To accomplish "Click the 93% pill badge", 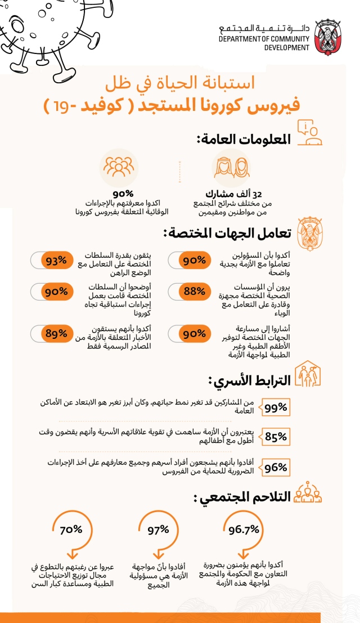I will [56, 261].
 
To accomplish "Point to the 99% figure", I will [276, 408].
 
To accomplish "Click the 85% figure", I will [276, 436].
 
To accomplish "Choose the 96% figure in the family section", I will [276, 467].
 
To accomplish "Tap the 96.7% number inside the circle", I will [244, 530].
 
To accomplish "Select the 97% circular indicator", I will [158, 530].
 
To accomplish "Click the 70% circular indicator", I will [71, 530].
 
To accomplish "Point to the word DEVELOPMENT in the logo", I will [286, 48].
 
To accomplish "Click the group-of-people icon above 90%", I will [119, 167].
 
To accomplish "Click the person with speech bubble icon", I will [310, 134].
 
